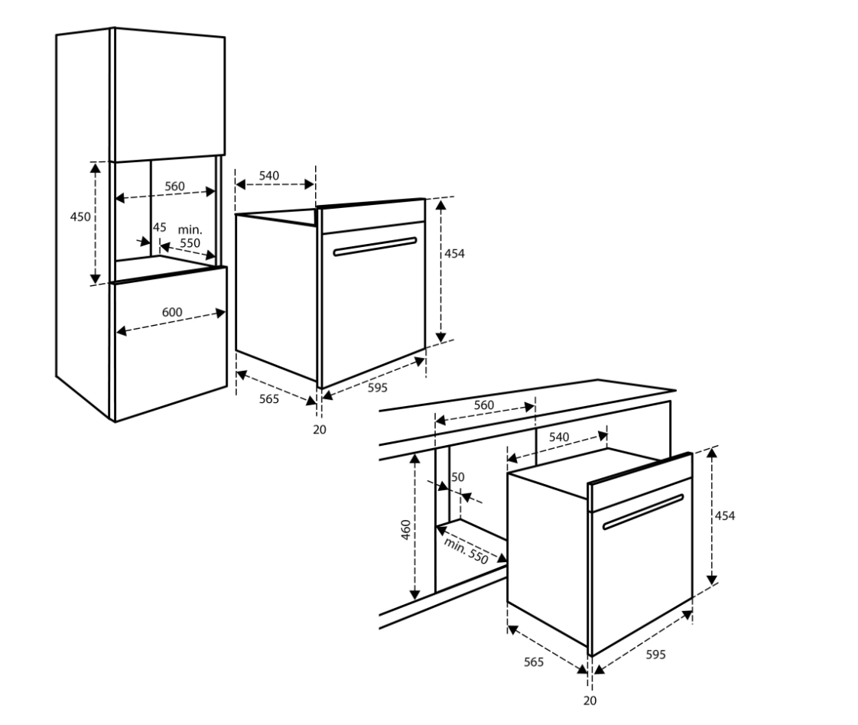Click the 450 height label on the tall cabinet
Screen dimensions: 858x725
tap(80, 216)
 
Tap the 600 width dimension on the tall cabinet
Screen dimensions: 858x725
tap(172, 312)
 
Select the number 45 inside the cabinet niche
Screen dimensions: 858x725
tap(159, 227)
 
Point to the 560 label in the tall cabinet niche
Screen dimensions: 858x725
tap(174, 186)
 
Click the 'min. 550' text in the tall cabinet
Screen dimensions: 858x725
tap(190, 236)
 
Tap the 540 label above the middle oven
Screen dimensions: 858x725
tap(268, 176)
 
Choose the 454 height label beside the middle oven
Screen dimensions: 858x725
tap(454, 253)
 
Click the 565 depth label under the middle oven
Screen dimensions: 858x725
tap(268, 399)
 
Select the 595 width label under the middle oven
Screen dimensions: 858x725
tap(377, 388)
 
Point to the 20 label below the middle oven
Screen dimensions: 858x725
tap(320, 430)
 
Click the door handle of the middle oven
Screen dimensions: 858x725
tap(375, 247)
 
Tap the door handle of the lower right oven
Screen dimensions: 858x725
tap(643, 512)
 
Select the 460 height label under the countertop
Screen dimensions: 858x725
tap(405, 530)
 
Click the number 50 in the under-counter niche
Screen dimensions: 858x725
tap(457, 477)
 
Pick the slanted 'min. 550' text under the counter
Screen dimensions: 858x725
tap(466, 551)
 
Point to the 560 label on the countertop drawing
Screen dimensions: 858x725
tap(484, 405)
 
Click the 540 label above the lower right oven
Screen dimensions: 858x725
tap(559, 437)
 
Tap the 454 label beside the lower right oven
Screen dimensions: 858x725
tap(724, 515)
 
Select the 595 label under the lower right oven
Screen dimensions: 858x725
tap(655, 655)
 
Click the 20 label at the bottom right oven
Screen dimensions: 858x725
tap(590, 701)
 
